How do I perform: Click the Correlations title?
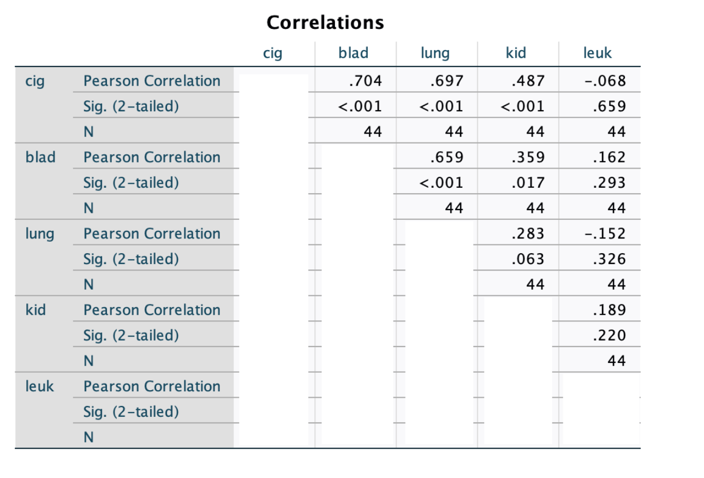[x=325, y=22]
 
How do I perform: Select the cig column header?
[x=272, y=53]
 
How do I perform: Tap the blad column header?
[x=354, y=53]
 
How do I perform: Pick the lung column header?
[x=435, y=53]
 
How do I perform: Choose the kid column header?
[x=516, y=53]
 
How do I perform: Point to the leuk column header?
[x=598, y=53]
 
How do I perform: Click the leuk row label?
[x=39, y=386]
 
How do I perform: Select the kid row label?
[x=35, y=310]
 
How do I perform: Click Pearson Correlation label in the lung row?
[x=152, y=234]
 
